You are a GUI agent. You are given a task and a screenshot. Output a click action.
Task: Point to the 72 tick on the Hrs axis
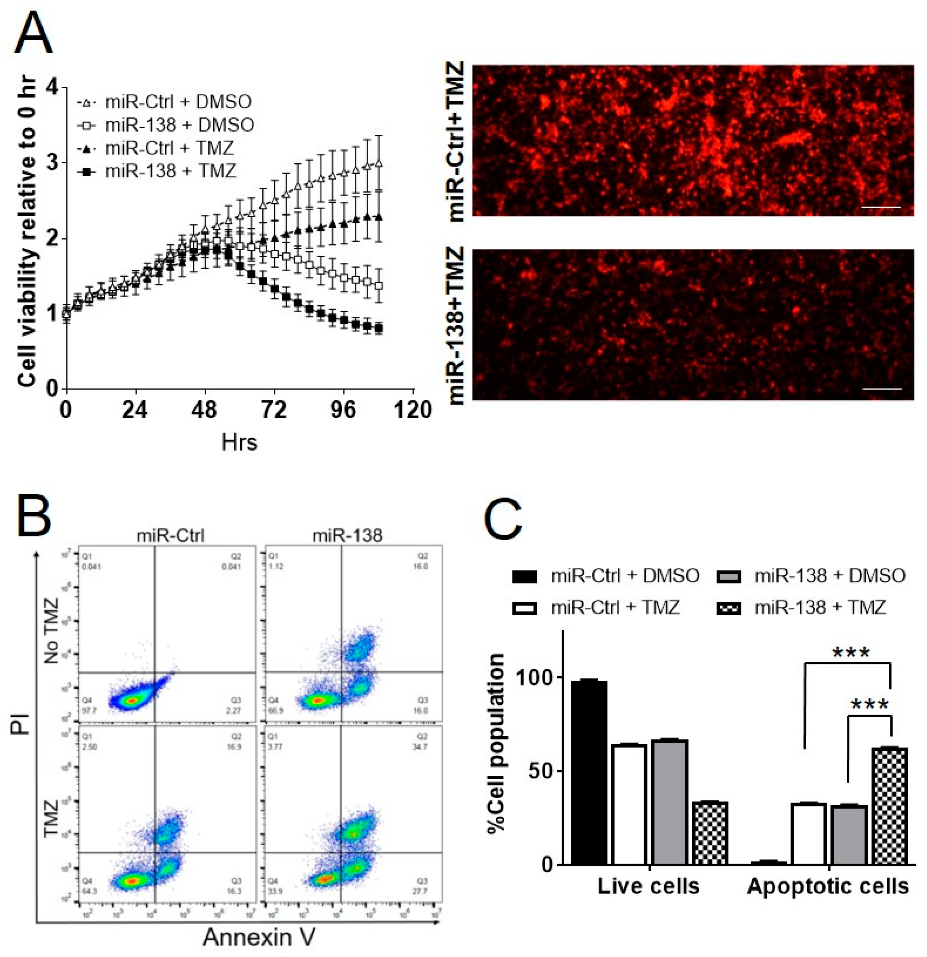(274, 409)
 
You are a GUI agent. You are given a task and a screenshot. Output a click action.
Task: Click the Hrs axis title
(239, 442)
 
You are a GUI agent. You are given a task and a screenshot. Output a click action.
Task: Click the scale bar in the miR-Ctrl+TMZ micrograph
(881, 207)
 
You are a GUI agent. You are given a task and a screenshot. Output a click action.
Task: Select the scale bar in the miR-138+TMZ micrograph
(882, 389)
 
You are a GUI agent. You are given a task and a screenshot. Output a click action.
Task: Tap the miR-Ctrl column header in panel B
(170, 536)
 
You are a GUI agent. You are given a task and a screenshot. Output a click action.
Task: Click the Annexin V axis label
(259, 936)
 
